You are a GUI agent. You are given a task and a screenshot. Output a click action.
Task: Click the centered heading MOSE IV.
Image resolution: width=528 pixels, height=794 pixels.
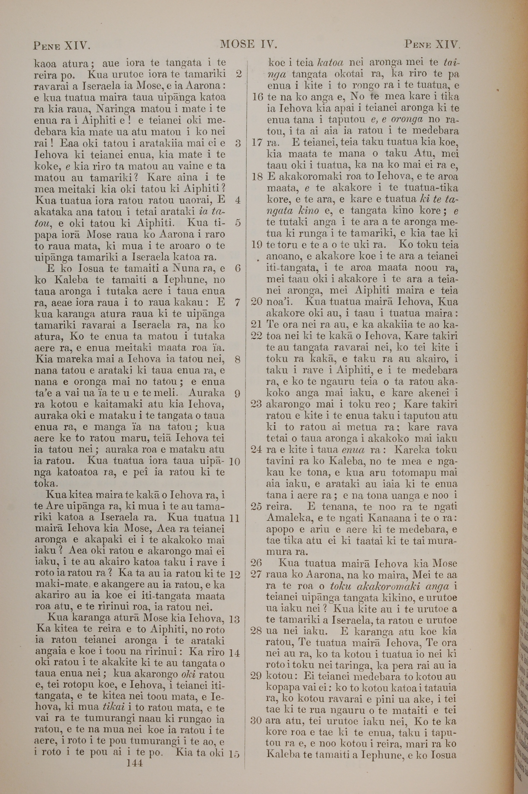tap(248, 44)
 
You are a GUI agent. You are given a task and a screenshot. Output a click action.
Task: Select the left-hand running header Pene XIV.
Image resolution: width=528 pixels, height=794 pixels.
tap(61, 45)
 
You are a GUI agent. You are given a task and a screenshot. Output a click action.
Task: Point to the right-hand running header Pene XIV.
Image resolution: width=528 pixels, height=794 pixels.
tap(432, 44)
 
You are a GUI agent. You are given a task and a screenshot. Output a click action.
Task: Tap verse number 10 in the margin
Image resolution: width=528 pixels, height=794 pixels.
tap(235, 461)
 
